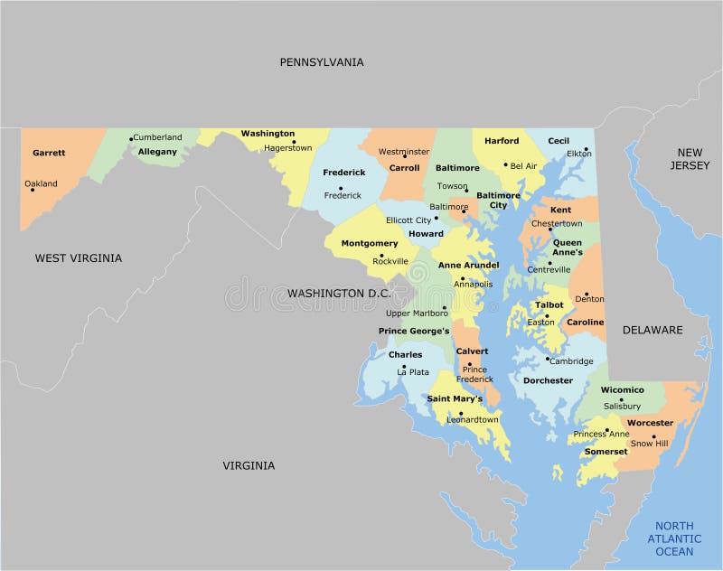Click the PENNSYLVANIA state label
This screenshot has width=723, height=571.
[x=321, y=62]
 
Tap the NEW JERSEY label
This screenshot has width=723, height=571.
[x=690, y=159]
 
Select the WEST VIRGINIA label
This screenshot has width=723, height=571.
[x=79, y=258]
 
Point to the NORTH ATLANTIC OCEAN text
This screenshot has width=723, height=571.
[x=674, y=538]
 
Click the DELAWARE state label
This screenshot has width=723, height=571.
[x=653, y=330]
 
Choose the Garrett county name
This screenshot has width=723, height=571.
[x=49, y=153]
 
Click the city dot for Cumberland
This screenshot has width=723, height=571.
[x=131, y=138]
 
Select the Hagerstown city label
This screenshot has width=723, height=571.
[x=287, y=148]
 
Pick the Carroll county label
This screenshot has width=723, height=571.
[x=404, y=168]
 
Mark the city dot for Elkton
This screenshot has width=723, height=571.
[x=587, y=150]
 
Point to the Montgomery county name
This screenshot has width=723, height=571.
[x=369, y=244]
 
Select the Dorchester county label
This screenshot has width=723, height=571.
[x=548, y=380]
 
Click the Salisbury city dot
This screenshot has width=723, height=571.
[x=621, y=399]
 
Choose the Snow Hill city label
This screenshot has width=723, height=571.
[x=649, y=444]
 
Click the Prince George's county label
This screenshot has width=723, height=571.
[x=414, y=332]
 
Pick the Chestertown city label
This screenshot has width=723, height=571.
[x=557, y=223]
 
